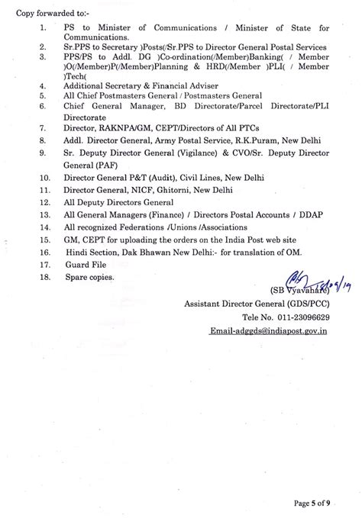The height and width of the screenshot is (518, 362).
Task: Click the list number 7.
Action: point(42,142)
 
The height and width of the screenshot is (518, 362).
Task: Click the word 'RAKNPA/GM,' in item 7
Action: point(120,142)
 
